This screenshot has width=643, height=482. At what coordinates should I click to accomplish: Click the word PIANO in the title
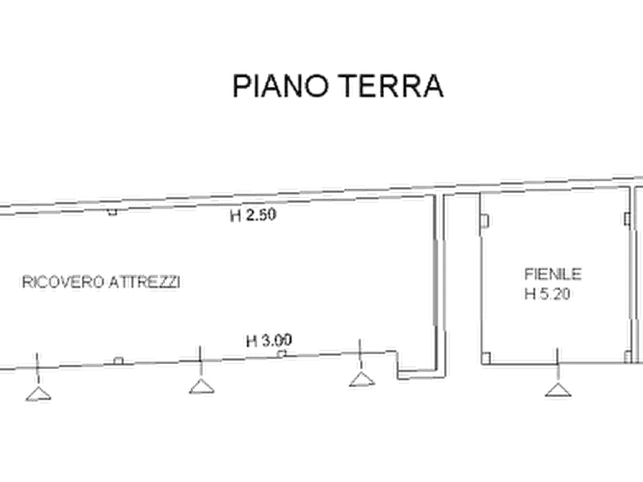pos(281,86)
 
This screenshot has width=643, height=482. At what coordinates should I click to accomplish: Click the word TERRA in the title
pos(392,86)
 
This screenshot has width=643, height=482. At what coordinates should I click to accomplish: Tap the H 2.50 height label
pos(253,215)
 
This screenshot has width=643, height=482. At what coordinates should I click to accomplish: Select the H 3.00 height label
pos(269,340)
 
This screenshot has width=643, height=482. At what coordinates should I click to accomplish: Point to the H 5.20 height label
pos(547,294)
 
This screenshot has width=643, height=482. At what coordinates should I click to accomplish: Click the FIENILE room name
pos(553,274)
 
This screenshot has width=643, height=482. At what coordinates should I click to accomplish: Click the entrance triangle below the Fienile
pos(558,390)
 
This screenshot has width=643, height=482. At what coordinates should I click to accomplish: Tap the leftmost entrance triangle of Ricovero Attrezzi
pos(38,394)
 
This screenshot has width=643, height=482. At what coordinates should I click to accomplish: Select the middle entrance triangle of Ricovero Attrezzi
pos(202,386)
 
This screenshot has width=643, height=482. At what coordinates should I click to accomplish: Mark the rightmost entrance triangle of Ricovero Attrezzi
pos(362,379)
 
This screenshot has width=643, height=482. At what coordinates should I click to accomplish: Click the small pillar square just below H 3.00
pos(282,353)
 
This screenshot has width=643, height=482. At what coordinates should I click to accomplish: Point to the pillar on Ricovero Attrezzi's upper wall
pos(112,212)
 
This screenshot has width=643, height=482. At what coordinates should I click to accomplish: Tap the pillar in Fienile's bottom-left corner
pos(486,358)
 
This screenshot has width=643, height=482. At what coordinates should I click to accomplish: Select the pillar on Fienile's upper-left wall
pos(485,222)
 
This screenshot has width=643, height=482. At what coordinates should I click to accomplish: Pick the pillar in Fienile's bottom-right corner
pos(627,357)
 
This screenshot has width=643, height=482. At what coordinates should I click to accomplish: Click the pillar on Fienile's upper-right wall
pos(627,219)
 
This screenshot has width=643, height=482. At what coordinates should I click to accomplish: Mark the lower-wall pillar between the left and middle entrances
pos(119,360)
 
